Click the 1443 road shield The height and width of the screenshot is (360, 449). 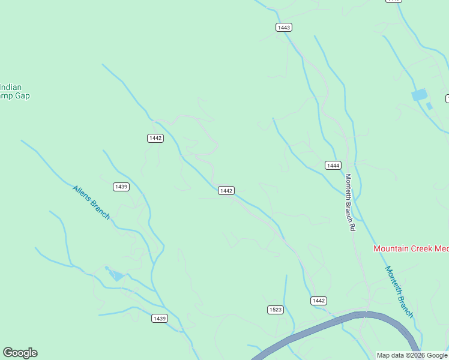(284, 28)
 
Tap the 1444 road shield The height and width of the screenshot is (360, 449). (333, 165)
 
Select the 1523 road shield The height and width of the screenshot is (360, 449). (275, 310)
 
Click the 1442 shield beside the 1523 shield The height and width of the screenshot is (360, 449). (319, 301)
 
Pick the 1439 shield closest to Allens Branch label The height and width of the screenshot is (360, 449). (121, 187)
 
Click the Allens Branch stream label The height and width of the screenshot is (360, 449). (91, 202)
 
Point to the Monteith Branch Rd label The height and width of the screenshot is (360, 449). (349, 202)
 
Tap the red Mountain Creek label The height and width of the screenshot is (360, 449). (411, 248)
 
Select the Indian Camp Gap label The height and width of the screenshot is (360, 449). (14, 91)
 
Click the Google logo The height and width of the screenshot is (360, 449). (20, 353)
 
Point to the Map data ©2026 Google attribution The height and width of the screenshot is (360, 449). (412, 356)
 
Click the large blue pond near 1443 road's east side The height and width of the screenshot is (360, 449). (419, 95)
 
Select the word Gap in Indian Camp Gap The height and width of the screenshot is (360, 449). (23, 96)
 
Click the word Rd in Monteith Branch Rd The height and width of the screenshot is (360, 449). (352, 227)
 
